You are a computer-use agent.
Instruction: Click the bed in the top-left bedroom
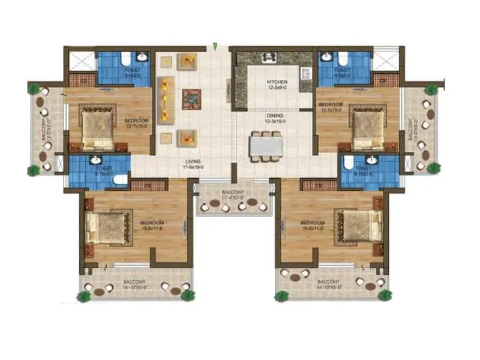97,126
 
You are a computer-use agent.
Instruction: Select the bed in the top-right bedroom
367,127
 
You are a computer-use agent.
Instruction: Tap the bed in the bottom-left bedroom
108,226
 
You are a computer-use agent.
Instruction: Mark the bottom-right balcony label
329,284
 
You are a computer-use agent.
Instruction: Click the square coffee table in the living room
191,98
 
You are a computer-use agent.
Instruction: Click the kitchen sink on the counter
304,74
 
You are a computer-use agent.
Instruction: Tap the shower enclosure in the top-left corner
80,61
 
